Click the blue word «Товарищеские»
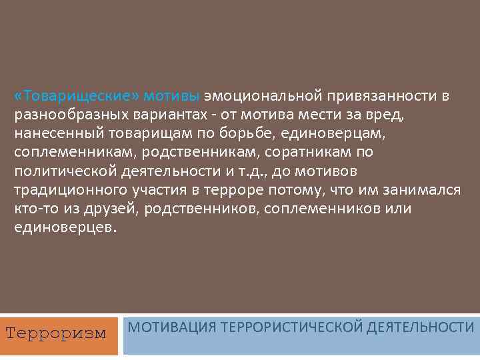pyautogui.click(x=59, y=95)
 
